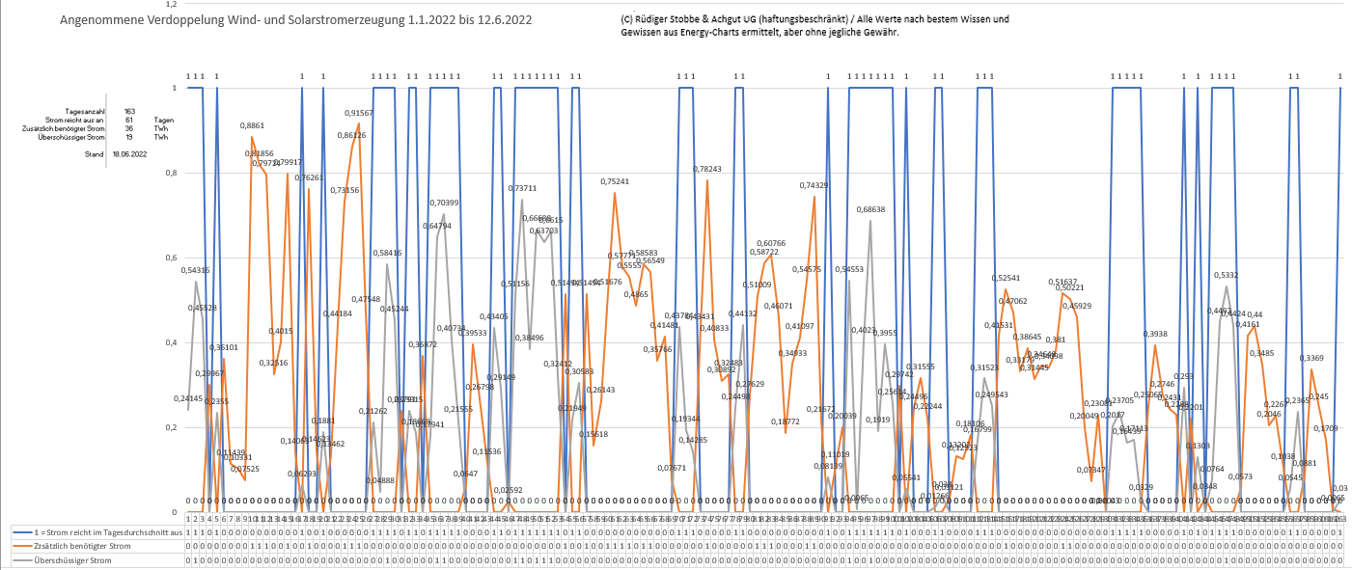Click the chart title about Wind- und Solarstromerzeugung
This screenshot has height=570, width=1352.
(x=295, y=20)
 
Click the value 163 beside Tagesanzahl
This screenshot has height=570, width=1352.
(x=129, y=111)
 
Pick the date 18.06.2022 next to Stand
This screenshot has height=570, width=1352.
(x=129, y=154)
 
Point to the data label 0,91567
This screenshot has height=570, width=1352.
(x=359, y=114)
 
